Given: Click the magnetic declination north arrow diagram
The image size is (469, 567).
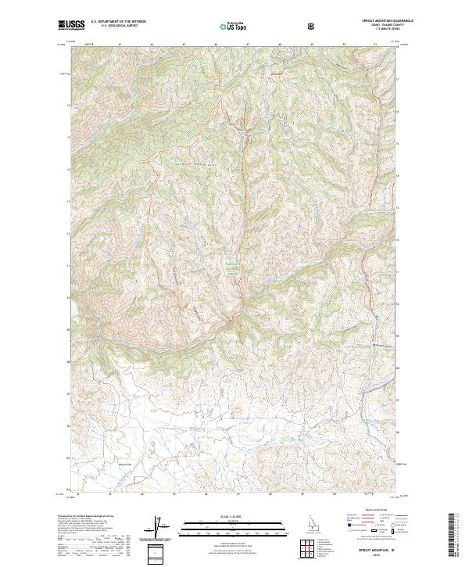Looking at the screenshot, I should pyautogui.click(x=160, y=529).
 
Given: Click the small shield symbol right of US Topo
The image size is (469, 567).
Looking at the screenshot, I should pyautogui.click(x=313, y=26).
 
